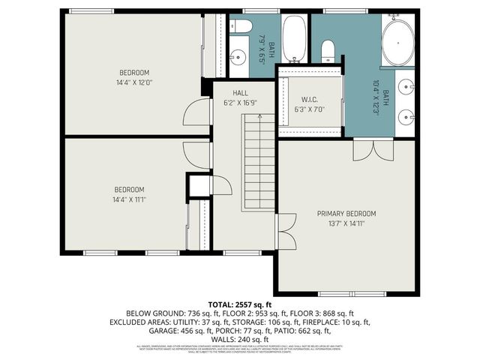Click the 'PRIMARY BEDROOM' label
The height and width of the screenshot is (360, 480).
pyautogui.click(x=346, y=214)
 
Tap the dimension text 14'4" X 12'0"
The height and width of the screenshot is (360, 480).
pyautogui.click(x=135, y=83)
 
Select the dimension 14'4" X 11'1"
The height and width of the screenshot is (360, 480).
pyautogui.click(x=129, y=200)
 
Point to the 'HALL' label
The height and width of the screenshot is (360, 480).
pyautogui.click(x=240, y=93)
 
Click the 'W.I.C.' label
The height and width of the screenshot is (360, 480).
pyautogui.click(x=310, y=99)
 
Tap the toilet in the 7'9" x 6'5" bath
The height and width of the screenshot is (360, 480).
pyautogui.click(x=241, y=27)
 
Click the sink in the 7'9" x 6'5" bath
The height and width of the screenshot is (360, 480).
pyautogui.click(x=239, y=56)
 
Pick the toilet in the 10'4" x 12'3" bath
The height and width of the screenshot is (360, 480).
pyautogui.click(x=328, y=51)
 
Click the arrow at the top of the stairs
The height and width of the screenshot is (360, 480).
pyautogui.click(x=259, y=116)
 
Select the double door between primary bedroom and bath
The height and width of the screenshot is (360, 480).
pyautogui.click(x=371, y=148)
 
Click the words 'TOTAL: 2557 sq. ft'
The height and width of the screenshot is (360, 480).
pyautogui.click(x=239, y=304)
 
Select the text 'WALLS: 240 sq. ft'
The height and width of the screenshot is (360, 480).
pyautogui.click(x=239, y=339)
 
